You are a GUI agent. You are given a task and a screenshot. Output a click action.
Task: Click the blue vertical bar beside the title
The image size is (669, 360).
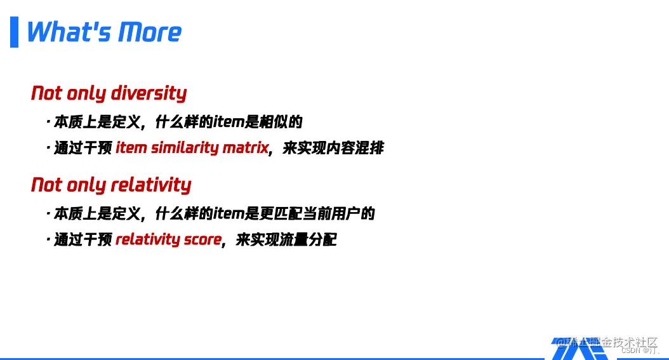14,32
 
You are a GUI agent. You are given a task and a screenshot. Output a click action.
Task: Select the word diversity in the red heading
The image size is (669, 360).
149,93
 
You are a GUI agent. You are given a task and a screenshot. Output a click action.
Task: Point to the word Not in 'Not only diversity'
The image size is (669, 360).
46,93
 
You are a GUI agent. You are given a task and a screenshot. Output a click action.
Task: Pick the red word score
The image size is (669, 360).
202,239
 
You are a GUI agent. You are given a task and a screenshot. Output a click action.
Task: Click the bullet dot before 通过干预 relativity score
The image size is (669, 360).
48,239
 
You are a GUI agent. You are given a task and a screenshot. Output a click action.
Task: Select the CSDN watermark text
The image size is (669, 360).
640,350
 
